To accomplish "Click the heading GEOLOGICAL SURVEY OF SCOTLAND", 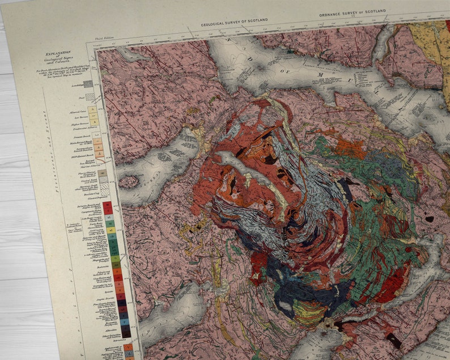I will point(234,22).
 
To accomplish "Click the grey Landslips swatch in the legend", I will point(88,84).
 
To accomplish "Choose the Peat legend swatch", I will point(90,97).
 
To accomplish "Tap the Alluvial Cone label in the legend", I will point(79,112).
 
